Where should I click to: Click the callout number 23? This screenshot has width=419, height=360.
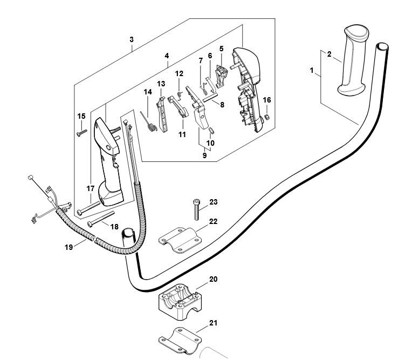click(x=214, y=202)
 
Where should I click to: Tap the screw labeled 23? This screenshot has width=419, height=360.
click(x=196, y=208)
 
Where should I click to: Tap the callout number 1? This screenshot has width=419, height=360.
click(x=312, y=71)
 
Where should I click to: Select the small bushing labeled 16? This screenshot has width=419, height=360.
click(x=266, y=116)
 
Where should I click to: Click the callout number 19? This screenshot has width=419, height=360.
click(x=68, y=247)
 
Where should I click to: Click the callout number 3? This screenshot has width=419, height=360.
click(x=132, y=40)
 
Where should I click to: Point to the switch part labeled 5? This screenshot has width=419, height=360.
click(x=221, y=74)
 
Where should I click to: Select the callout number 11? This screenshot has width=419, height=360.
click(x=182, y=134)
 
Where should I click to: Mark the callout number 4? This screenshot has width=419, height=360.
click(x=167, y=56)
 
